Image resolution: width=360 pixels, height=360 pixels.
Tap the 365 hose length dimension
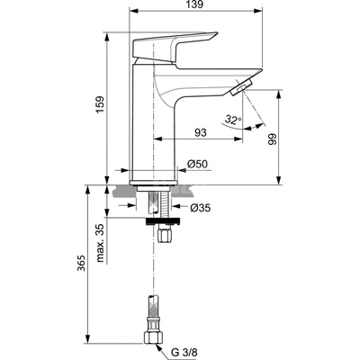(81, 263)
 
